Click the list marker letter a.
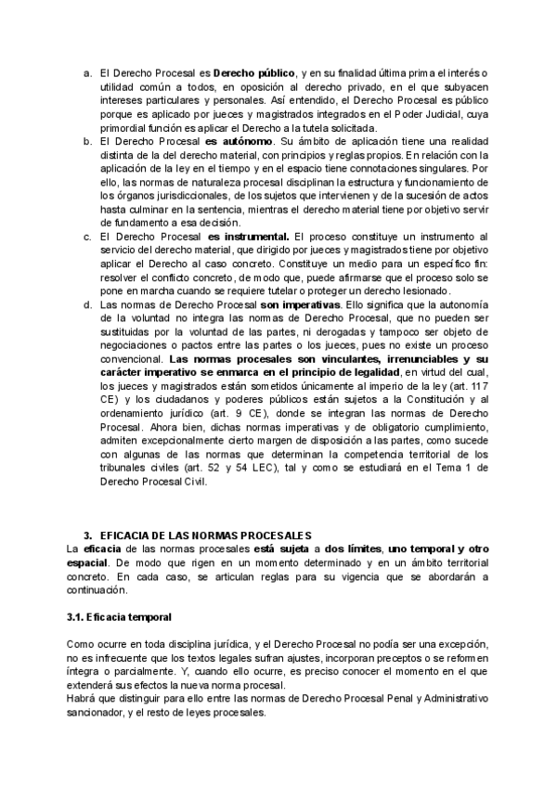(87, 72)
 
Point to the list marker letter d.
(87, 303)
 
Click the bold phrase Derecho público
(253, 72)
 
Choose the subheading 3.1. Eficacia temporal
(119, 615)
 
